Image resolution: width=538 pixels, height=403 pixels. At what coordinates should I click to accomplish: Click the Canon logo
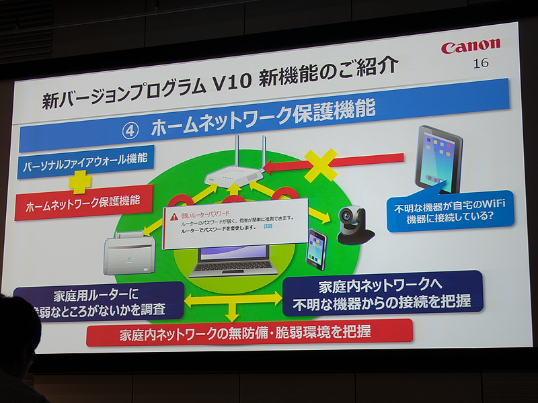point(471,46)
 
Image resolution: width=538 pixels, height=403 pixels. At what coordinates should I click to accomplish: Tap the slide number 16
point(481,64)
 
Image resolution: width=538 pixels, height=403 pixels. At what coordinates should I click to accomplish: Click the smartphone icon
point(317,249)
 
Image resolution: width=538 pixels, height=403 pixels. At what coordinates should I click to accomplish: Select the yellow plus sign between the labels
point(79,181)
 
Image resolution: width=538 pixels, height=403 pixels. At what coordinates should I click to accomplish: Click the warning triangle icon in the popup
point(174,216)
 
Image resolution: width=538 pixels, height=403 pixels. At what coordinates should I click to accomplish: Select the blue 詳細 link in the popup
point(268,227)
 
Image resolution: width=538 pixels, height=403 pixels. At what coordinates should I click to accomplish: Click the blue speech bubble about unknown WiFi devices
point(450,210)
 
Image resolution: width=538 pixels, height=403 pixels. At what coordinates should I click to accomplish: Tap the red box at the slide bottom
point(249,332)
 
